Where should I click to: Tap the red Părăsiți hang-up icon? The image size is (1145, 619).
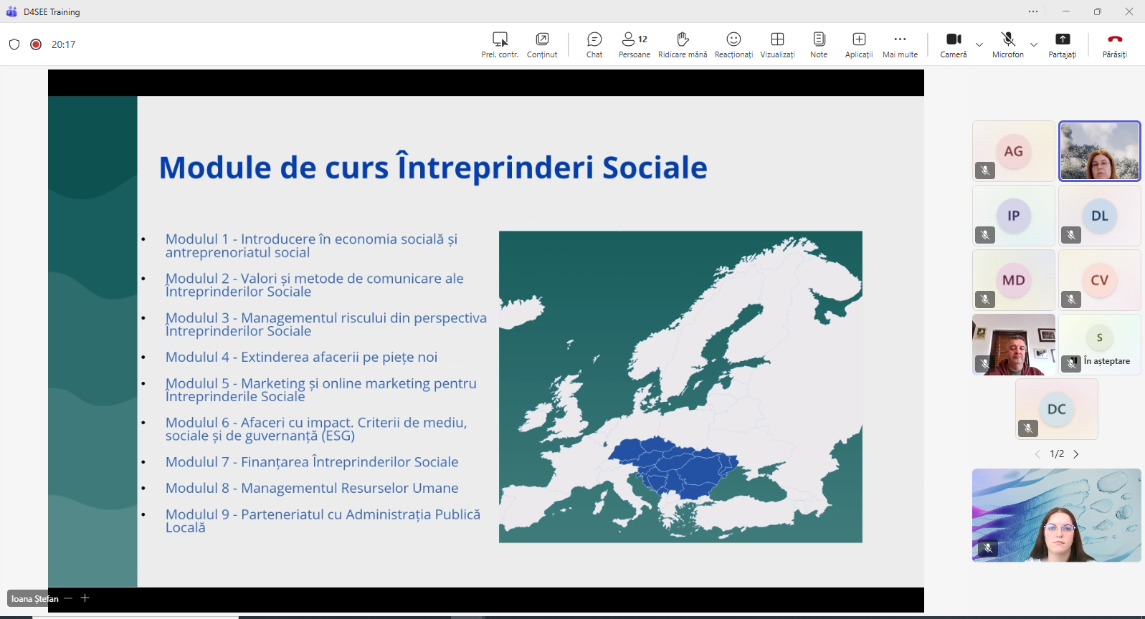point(1115,39)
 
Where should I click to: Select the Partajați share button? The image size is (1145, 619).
point(1063,39)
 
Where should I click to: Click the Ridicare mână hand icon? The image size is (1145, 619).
point(683,39)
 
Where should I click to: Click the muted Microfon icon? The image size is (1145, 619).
point(1008,39)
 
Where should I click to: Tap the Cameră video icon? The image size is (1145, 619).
point(954,39)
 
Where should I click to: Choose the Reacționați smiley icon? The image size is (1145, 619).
point(733,39)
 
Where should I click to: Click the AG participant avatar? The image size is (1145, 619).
point(1013,151)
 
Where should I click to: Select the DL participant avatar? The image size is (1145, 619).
point(1099,216)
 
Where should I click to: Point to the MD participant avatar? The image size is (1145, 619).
point(1013,280)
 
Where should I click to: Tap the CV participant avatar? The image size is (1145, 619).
point(1099,280)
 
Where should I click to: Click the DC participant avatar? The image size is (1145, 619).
point(1056,409)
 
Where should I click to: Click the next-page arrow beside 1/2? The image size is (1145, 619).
point(1076,454)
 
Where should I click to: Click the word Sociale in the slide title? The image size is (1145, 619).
point(655,168)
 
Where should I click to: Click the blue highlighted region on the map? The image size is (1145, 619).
point(674,466)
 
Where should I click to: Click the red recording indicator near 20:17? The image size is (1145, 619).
point(36,44)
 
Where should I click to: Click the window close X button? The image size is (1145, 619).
point(1129,11)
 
